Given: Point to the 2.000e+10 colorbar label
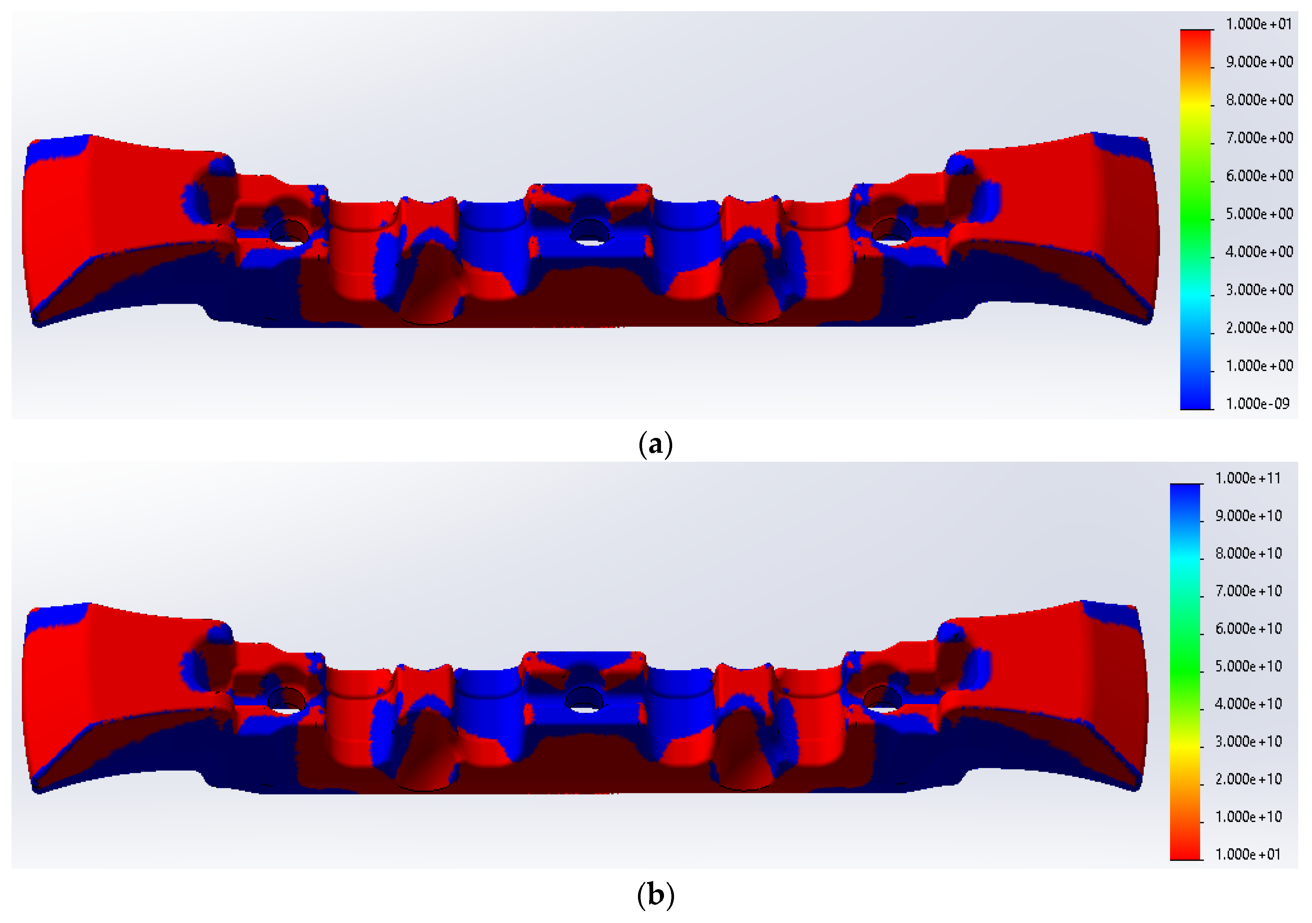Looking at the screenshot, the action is tap(1248, 779).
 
